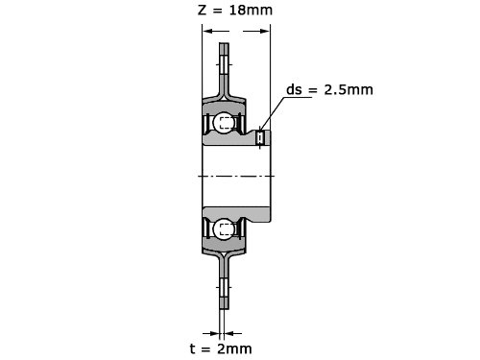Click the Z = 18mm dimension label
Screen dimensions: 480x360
235,10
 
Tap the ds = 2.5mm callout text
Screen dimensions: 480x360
329,89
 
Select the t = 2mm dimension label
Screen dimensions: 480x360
221,348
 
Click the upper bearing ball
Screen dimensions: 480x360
224,122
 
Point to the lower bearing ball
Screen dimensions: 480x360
224,229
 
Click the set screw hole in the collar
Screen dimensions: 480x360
260,138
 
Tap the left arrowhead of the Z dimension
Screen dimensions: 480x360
208,31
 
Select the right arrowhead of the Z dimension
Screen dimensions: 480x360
265,31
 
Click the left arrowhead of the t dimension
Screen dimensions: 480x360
215,333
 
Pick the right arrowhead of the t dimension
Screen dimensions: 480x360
229,333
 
